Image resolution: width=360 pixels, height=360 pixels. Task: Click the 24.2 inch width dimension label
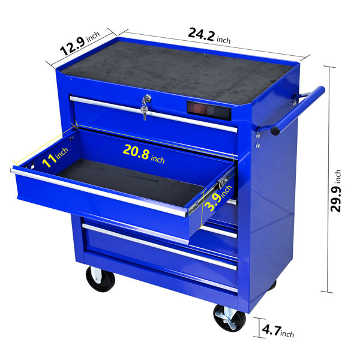point(209,36)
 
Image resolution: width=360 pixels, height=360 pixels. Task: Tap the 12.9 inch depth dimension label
point(80,44)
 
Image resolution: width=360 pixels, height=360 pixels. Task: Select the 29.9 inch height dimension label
point(335,191)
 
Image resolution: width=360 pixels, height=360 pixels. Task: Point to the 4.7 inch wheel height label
point(278,331)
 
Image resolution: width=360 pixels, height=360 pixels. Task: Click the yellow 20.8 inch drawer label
point(144,154)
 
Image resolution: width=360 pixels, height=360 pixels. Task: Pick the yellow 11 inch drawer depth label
point(55,157)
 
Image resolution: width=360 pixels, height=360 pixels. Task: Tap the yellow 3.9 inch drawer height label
point(218,198)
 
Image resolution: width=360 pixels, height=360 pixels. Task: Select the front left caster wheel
point(100,279)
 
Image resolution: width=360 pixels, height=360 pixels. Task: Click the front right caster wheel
point(229,318)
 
